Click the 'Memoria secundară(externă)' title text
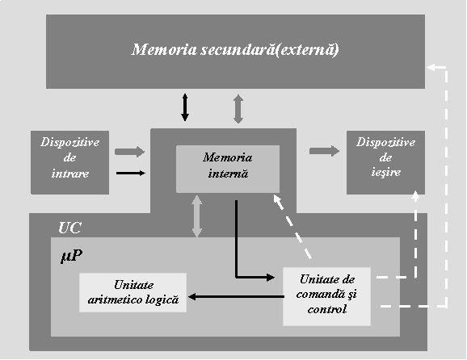235,50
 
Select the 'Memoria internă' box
228,169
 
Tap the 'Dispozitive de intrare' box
70,162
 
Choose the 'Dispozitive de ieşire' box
385,162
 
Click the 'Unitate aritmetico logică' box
133,292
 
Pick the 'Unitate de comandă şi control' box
326,296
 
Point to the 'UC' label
69,228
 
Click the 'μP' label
71,256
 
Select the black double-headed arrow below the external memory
185,107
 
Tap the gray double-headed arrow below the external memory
238,109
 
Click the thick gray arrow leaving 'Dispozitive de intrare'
129,152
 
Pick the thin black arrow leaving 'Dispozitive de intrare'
131,174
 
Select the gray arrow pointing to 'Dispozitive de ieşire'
324,151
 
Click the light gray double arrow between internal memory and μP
197,216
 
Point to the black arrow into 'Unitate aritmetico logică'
236,296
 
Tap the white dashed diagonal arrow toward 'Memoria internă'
292,227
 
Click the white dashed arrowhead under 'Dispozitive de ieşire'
416,195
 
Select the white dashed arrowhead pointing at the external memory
432,67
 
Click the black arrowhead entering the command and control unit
270,278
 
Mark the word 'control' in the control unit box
327,309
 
